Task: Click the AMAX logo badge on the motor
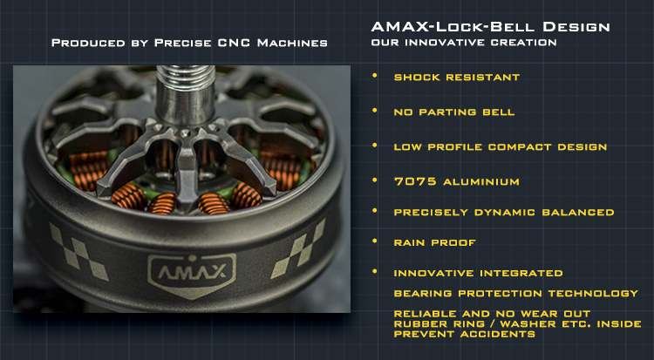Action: pyautogui.click(x=192, y=275)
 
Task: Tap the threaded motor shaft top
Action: pyautogui.click(x=186, y=78)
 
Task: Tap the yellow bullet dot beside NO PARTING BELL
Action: pyautogui.click(x=375, y=110)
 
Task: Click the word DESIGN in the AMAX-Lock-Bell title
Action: pyautogui.click(x=576, y=27)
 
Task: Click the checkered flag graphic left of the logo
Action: pyautogui.click(x=78, y=251)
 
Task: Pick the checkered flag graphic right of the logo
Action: pyautogui.click(x=298, y=249)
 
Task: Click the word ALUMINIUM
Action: pyautogui.click(x=480, y=182)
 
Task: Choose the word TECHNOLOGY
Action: pyautogui.click(x=593, y=293)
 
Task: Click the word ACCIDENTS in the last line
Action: pyautogui.click(x=498, y=334)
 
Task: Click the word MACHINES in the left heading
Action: pyautogui.click(x=292, y=43)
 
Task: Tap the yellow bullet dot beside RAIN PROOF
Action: pyautogui.click(x=375, y=241)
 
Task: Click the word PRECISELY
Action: pyautogui.click(x=431, y=213)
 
